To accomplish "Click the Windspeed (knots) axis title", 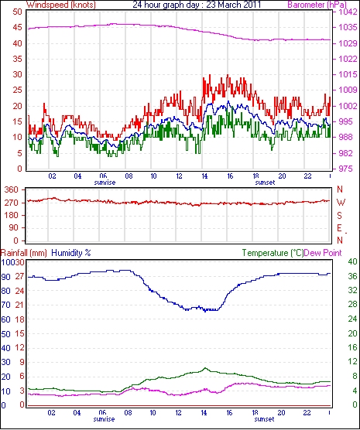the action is point(61,5).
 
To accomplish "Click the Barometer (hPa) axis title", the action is point(317,5).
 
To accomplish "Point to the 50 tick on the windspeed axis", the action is point(17,12).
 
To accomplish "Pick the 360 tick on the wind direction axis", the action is point(12,189).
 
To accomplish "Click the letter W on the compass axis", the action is point(341,203).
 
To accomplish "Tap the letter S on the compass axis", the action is point(340,216).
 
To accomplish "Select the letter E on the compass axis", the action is point(340,228).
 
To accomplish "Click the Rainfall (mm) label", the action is point(24,253).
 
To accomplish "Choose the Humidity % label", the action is point(71,253).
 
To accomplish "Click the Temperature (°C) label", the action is point(273,253).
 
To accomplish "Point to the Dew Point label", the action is point(323,253).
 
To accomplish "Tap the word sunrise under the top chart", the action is point(105,183).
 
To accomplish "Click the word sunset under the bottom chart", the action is point(264,419).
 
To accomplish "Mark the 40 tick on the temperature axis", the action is point(352,261).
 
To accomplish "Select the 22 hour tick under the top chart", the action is point(308,176).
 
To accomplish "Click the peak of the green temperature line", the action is point(205,368).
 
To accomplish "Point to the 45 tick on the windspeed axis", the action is point(17,28).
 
